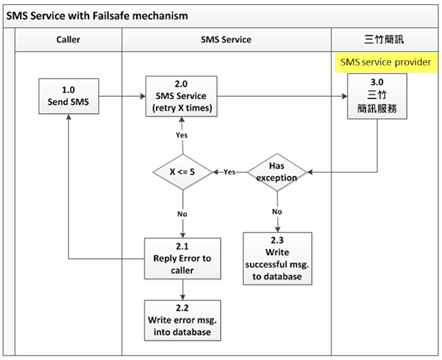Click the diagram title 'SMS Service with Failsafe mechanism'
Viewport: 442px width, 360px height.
[97, 15]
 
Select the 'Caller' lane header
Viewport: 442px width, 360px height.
[68, 39]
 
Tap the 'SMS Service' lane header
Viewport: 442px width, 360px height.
[226, 39]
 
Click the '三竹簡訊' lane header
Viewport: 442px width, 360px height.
[385, 39]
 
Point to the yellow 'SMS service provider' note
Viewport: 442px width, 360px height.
[385, 62]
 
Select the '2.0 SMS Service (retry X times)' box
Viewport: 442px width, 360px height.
[181, 96]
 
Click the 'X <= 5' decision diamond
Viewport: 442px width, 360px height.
[181, 171]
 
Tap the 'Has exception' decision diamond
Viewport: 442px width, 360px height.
[278, 171]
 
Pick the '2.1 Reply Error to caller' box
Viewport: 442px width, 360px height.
[182, 258]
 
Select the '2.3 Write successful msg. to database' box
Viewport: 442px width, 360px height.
[278, 256]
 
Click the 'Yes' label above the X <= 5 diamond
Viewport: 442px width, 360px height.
[181, 135]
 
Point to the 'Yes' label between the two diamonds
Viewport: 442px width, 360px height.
[229, 171]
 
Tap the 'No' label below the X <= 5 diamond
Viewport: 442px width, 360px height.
[182, 214]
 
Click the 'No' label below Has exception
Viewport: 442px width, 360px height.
[278, 211]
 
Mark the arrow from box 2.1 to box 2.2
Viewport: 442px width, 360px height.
[182, 290]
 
